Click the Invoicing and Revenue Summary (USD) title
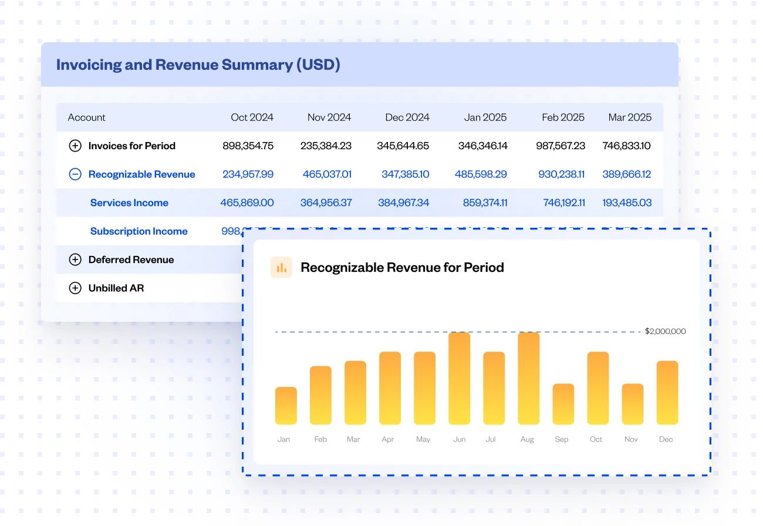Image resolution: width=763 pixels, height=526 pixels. (198, 65)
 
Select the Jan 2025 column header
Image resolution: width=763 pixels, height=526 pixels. (485, 117)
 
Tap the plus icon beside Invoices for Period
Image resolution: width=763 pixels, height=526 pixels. (75, 146)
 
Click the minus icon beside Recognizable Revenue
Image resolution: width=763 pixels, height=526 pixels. (75, 174)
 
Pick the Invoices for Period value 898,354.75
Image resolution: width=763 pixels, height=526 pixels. (248, 146)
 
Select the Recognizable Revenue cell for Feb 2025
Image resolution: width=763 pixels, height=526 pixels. (561, 174)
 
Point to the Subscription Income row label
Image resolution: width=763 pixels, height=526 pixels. (139, 231)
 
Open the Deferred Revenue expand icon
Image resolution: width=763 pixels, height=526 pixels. (75, 259)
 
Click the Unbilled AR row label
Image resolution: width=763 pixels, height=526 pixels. (116, 288)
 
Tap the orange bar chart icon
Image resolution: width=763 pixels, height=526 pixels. (281, 268)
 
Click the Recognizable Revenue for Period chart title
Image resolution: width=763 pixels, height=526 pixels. (402, 268)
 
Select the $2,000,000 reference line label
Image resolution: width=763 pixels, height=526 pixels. (665, 331)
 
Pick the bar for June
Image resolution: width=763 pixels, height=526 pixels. (459, 379)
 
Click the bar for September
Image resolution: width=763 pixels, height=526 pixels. (563, 404)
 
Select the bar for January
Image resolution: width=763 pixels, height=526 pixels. (286, 406)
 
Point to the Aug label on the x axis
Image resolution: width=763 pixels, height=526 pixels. (527, 439)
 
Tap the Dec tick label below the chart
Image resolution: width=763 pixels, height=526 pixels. (666, 439)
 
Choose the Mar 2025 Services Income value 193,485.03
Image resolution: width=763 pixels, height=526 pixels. (627, 203)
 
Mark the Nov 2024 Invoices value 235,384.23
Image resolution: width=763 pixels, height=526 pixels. (327, 146)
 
